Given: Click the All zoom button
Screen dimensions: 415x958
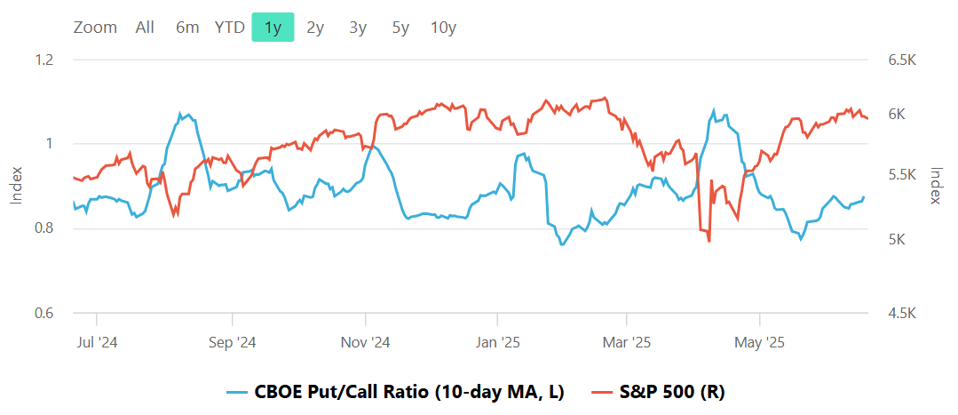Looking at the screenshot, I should [x=145, y=28].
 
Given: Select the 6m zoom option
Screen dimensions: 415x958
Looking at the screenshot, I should [x=187, y=28].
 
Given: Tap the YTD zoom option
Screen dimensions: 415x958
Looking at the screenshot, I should [x=229, y=28].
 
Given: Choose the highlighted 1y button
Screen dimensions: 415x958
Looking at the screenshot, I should [x=273, y=28].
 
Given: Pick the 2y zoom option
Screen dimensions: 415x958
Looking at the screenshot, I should [x=315, y=28].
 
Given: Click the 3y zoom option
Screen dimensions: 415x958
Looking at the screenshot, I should [x=358, y=28].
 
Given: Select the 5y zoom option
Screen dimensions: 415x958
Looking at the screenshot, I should [x=400, y=28].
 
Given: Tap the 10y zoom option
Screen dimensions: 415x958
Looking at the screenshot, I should [x=443, y=28].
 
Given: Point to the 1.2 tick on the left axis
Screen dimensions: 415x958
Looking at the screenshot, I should [x=44, y=60].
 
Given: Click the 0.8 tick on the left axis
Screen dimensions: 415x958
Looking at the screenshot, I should [x=44, y=228].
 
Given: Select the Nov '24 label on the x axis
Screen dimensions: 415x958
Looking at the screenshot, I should [x=365, y=342].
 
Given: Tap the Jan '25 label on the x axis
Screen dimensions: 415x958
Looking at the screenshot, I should [x=497, y=342].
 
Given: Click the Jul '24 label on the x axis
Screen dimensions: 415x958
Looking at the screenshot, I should [x=95, y=342].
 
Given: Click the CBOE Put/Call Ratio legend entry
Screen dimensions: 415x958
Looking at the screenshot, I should [x=397, y=392].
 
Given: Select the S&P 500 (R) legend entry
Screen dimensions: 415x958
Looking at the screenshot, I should [x=661, y=392].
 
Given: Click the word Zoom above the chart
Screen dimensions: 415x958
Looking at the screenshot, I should [x=95, y=28].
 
